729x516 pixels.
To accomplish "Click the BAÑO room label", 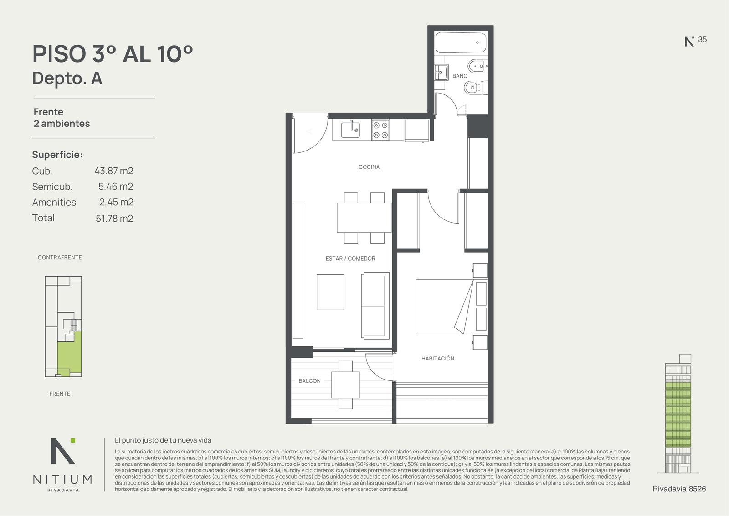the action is pos(460,76).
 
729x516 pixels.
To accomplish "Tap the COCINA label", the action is pos(369,167).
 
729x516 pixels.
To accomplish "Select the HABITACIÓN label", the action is pos(438,358).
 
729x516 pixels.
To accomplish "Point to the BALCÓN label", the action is pos(309,380).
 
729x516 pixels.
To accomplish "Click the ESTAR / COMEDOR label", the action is pos(350,259).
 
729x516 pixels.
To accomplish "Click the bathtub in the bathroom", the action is pos(461,42).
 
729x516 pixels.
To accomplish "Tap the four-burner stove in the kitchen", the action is pos(380,130).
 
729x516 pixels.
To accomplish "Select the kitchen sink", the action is pos(350,130).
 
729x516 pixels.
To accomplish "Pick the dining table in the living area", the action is pos(364,218).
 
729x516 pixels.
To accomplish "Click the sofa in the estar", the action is pos(375,306).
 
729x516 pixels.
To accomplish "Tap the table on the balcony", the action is pos(346,385).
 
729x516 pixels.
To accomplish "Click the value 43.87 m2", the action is pos(114,171).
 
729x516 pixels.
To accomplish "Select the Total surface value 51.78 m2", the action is pos(114,219).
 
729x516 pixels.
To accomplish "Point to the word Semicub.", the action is pos(52,187).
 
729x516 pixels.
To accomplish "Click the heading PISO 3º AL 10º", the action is pos(113,54).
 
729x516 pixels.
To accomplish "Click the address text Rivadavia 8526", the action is pos(679,489).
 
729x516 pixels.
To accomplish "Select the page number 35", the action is pos(702,39).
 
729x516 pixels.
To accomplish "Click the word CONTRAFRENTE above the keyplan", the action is pos(60,257).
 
